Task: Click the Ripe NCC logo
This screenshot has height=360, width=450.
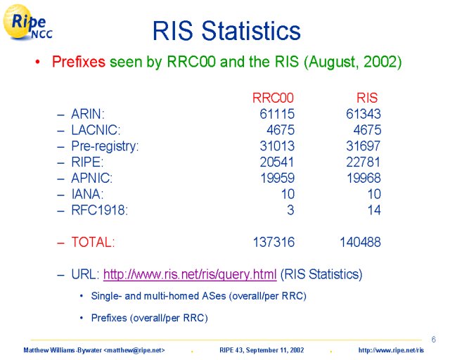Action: [x=27, y=22]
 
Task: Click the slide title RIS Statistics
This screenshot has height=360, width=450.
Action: [x=226, y=31]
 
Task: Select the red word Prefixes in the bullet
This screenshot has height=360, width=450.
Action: [x=79, y=62]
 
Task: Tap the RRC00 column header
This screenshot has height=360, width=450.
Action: [x=273, y=98]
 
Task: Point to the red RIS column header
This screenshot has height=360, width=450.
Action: [x=367, y=98]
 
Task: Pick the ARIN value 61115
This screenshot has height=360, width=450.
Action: [x=277, y=114]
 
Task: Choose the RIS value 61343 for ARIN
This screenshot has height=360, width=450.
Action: [x=364, y=114]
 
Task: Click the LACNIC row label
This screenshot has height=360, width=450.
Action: [x=96, y=130]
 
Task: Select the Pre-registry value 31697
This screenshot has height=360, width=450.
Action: [x=363, y=146]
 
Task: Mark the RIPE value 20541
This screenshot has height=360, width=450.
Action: [x=277, y=162]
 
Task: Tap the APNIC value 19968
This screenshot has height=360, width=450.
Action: [x=364, y=178]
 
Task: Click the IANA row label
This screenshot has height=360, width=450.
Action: [x=87, y=194]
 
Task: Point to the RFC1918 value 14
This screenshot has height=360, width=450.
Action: [x=374, y=210]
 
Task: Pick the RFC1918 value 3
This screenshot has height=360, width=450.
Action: [x=290, y=210]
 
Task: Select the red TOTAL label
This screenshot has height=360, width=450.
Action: [x=93, y=242]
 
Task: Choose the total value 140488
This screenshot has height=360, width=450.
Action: [x=360, y=242]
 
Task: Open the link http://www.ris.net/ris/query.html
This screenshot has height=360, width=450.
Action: [x=190, y=274]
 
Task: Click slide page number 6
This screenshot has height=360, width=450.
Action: [x=434, y=340]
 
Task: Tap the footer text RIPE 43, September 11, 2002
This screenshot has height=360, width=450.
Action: [x=262, y=350]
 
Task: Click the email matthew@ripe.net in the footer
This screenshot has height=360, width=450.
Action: [x=134, y=350]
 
